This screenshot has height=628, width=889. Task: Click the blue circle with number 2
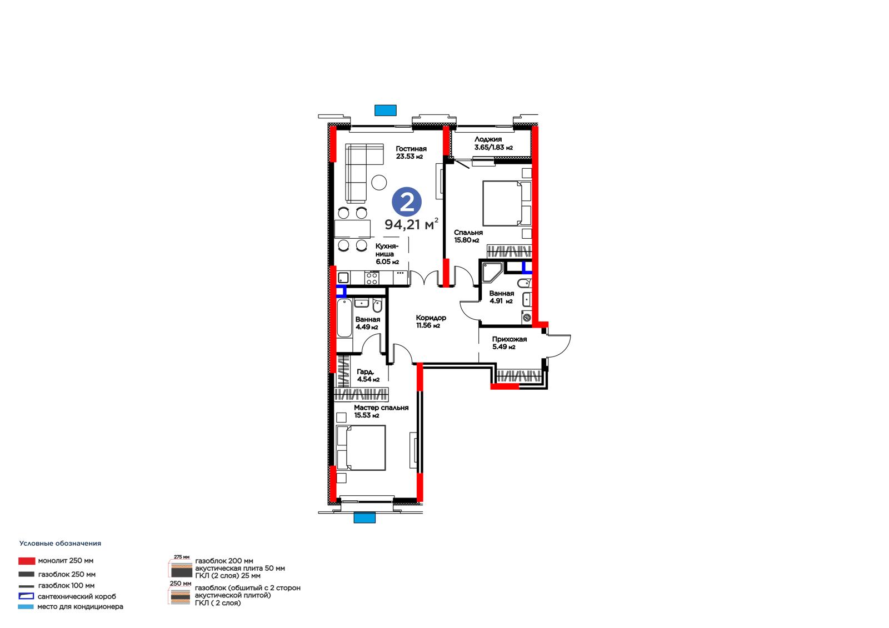coord(406,202)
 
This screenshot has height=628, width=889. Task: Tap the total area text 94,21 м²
coord(412,224)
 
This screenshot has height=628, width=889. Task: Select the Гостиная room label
coord(411,152)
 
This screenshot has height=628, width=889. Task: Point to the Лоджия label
coord(493,143)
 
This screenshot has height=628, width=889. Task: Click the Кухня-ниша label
coord(387,254)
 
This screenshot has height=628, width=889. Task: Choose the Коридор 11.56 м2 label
coord(431,321)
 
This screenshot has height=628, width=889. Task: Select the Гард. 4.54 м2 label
coord(368,375)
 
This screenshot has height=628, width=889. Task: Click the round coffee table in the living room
coord(379,182)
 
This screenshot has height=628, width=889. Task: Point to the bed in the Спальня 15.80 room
coord(507,203)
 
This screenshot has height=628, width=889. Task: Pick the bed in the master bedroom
coord(361,448)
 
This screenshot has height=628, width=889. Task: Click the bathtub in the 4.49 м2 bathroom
coord(344,324)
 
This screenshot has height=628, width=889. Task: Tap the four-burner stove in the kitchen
coord(372,278)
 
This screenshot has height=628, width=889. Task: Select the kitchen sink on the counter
coord(343,277)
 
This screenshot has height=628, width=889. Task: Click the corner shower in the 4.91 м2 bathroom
coord(491,272)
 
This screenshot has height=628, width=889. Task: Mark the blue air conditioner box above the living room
coord(386,110)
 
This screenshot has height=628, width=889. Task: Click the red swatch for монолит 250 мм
coord(27,561)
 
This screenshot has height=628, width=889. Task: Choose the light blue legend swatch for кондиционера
coord(26,606)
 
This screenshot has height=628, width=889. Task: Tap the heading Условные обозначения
coord(61,544)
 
